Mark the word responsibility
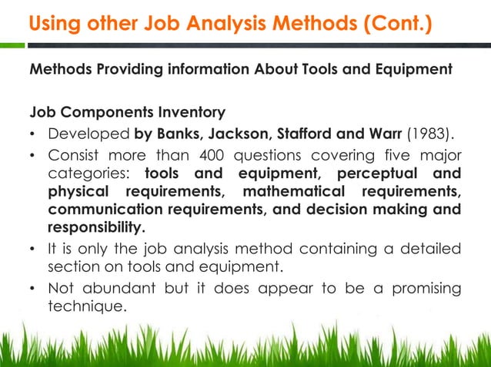[x=95, y=226]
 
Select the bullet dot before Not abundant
[x=33, y=289]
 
